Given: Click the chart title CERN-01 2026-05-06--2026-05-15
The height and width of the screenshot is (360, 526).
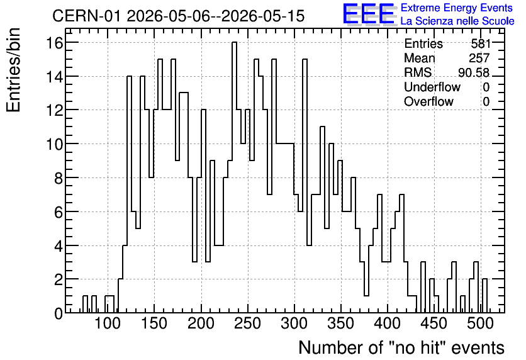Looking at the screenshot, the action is coord(178,16).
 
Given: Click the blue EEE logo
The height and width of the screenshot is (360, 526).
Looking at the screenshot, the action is coord(369,14).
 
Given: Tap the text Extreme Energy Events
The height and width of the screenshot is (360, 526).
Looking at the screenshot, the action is coord(457,8).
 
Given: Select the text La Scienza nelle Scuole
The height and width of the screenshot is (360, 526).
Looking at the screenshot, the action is coord(457,21).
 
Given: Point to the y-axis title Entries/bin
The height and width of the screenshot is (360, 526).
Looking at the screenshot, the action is coord(14,70).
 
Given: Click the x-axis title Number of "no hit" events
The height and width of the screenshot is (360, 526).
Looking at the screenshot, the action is coord(401,347).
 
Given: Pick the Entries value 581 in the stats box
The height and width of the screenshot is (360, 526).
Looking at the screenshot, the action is coord(480,43).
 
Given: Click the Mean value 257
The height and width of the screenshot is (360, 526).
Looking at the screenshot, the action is coord(479,58).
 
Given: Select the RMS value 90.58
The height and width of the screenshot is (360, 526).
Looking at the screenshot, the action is coord(473,72).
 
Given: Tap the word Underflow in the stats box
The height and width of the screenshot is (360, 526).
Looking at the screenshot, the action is coord(432,87).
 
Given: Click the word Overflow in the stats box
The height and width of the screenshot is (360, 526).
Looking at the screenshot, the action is coord(428,101).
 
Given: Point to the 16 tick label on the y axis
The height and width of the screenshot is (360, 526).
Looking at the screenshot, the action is coord(54,43).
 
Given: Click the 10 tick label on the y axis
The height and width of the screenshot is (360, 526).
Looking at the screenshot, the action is coord(54,144).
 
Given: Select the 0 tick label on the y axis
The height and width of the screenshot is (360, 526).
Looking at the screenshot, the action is coord(59,313).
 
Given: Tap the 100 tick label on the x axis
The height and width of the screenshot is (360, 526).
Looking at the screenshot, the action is coord(108,323).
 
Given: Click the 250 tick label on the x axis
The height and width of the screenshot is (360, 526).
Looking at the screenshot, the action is coord(247,323).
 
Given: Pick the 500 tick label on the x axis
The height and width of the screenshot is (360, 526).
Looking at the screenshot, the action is coord(480,323).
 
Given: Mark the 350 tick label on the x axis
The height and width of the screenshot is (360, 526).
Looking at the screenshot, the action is coord(341,323).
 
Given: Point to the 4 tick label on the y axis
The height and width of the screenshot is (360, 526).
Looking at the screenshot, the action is coord(59,246).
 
